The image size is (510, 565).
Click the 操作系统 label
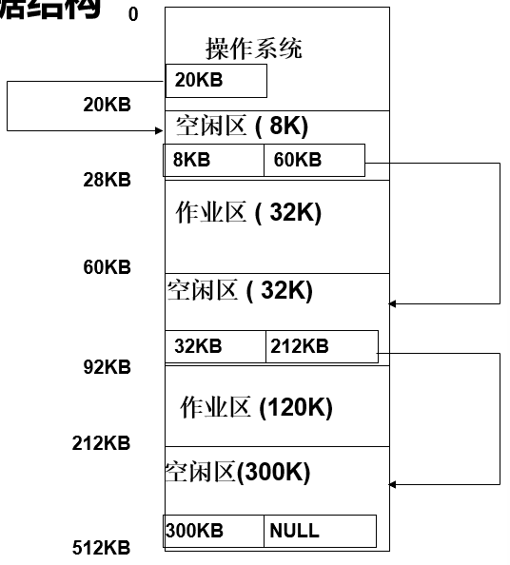254,49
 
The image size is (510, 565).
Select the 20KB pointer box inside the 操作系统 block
216,81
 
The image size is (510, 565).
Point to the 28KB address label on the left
107,179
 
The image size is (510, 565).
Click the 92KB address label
107,366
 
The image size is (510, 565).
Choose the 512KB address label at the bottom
102,547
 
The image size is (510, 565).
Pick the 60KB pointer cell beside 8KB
313,160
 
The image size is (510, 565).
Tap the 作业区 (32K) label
248,213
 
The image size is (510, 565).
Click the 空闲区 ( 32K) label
240,290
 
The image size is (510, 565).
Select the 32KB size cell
215,346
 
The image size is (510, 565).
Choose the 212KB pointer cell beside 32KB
321,346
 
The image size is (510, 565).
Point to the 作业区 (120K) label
256,408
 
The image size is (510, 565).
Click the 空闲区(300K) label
238,472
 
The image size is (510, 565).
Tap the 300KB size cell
214,531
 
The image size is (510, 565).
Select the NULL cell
319,531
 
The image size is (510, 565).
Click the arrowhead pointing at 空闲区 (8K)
158,130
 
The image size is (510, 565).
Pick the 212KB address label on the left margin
102,443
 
